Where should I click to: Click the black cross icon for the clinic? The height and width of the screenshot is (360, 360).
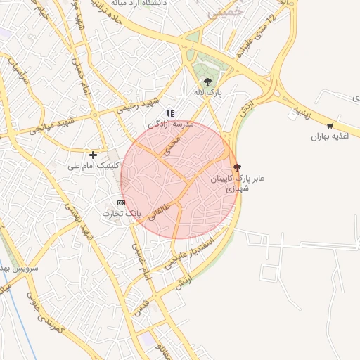pyautogui.click(x=93, y=154)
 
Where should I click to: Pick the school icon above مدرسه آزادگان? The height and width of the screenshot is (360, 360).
pyautogui.click(x=169, y=113)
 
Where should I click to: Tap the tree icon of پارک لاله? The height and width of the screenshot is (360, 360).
pyautogui.click(x=207, y=81)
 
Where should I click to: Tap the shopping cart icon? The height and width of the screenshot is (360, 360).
pyautogui.click(x=330, y=125)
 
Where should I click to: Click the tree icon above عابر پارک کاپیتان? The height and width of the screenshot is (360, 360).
pyautogui.click(x=236, y=167)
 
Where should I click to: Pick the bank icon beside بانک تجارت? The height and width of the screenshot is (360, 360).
pyautogui.click(x=122, y=202)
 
